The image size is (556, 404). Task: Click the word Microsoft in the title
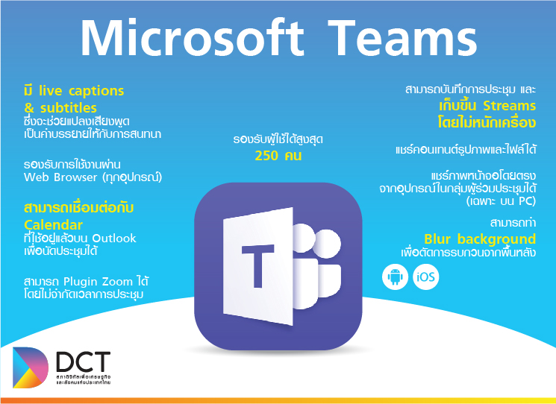point(193,38)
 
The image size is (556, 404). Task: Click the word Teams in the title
point(402,38)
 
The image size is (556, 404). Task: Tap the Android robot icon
point(395,277)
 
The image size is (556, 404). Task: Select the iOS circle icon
point(426,277)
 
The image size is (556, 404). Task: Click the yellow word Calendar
point(53,225)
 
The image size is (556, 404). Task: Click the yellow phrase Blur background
point(480,239)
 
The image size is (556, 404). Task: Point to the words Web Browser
point(60,177)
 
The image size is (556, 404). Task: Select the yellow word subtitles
point(69,107)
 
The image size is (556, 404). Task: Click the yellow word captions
point(96,92)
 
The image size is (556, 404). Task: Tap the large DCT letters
point(84,362)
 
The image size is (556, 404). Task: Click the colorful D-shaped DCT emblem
point(30,367)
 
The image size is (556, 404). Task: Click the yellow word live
point(50,91)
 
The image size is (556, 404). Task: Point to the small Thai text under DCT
point(84,379)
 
